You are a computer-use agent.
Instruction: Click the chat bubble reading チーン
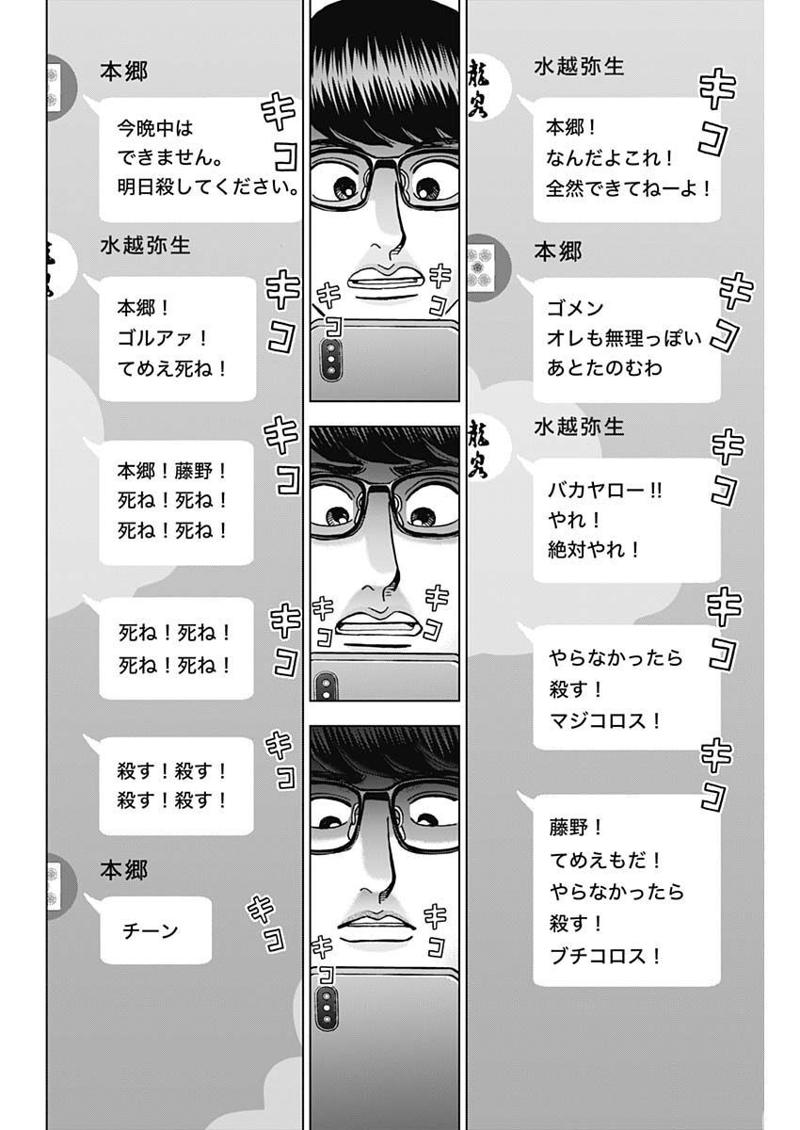pos(155,930)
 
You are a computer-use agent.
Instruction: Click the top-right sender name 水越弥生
pos(578,67)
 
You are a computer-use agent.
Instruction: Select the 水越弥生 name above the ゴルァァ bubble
pos(145,245)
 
